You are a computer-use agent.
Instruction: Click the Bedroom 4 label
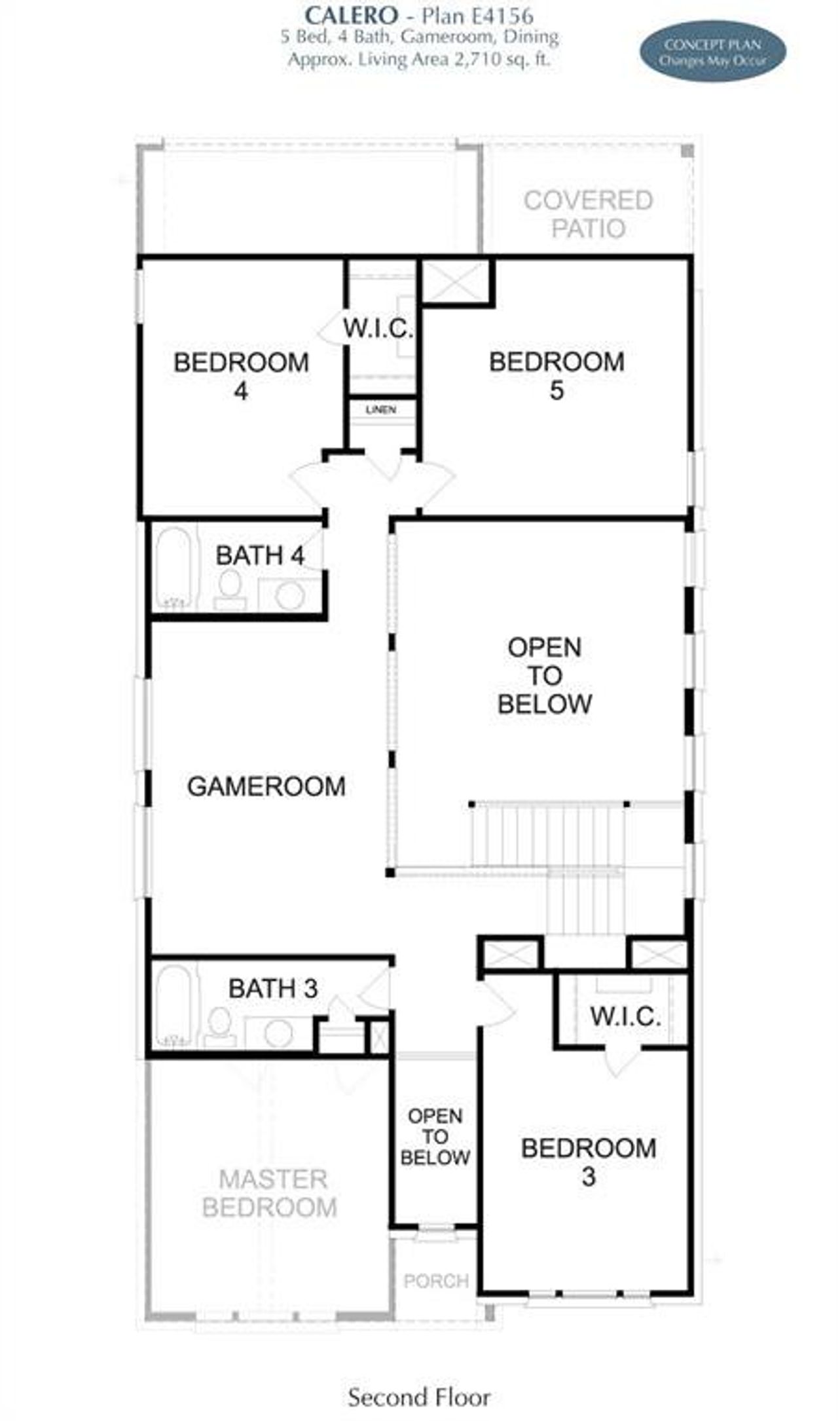click(241, 376)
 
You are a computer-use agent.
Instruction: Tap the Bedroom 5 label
click(556, 375)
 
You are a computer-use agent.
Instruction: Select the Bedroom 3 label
click(589, 1162)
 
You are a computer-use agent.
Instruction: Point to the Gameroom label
click(266, 786)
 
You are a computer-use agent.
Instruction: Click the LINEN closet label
click(381, 410)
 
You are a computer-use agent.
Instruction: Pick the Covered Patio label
click(588, 214)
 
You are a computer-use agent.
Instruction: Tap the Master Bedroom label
click(270, 1192)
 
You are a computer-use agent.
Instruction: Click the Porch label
click(436, 1281)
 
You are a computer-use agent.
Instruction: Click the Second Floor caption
click(419, 1397)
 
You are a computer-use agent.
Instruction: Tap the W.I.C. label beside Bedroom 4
click(378, 328)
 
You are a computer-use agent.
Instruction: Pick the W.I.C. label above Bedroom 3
click(625, 1016)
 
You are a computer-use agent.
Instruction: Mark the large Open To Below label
click(545, 675)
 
